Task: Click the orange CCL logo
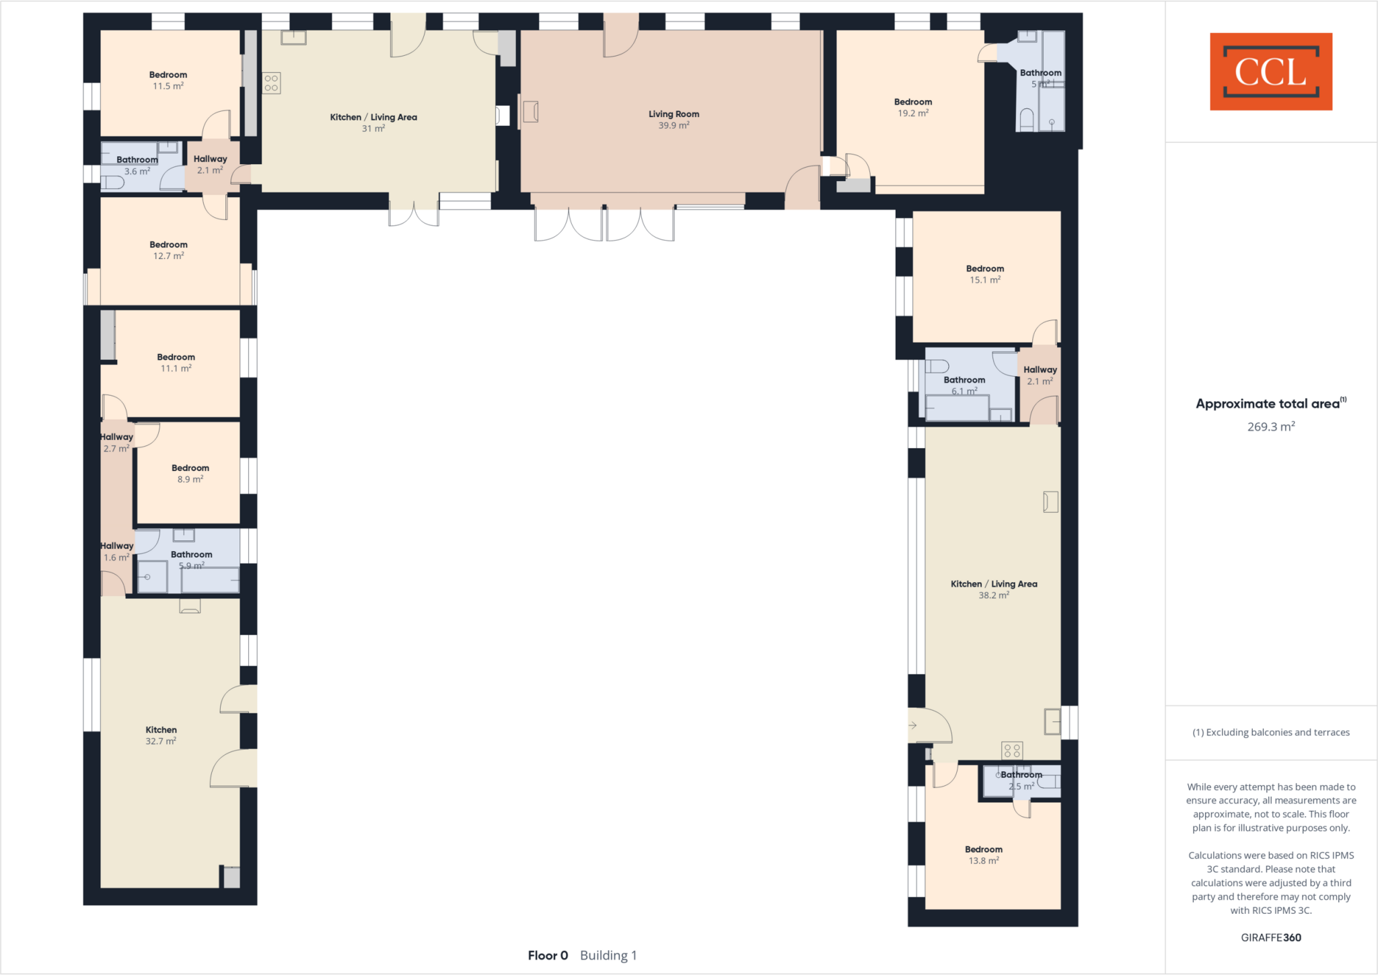1270,71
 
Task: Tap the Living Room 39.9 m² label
674,120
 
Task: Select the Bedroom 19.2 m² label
912,108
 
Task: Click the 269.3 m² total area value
1270,427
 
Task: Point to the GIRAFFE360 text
1270,937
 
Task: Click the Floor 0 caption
548,955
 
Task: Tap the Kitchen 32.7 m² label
161,735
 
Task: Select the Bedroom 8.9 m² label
190,473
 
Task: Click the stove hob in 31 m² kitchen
271,83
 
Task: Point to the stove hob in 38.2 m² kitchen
1012,750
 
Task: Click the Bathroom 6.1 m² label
964,385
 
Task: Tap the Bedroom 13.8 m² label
983,855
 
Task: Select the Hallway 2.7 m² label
116,442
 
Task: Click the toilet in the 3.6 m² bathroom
113,182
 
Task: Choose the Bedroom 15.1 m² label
984,274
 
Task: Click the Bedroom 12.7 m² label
168,250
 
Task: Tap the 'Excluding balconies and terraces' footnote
1270,732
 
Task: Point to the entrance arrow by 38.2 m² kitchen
912,725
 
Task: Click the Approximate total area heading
1269,404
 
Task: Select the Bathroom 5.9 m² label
191,560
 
